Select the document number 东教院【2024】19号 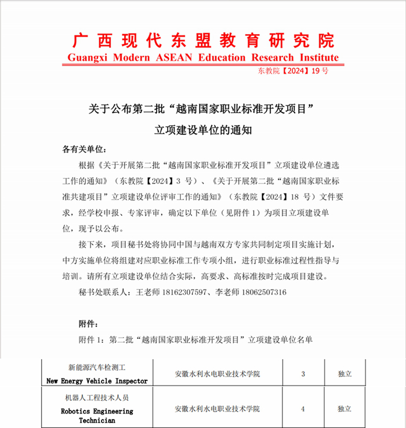point(293,71)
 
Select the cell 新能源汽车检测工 point(97,367)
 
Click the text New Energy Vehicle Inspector point(97,381)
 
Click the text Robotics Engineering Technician point(97,415)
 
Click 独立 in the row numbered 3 point(345,374)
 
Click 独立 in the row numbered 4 point(345,409)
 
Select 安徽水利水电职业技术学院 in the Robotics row point(217,409)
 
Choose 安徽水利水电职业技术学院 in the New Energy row point(217,374)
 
